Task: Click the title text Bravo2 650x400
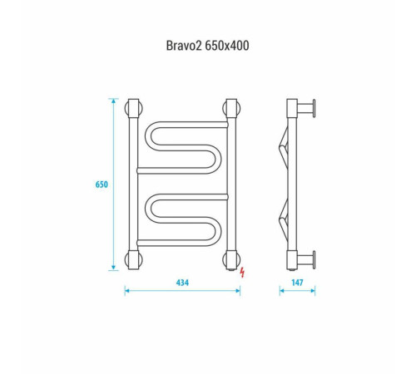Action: click(x=207, y=46)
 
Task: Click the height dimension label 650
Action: click(x=102, y=185)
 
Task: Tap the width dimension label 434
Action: click(x=182, y=283)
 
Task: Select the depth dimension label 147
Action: click(x=297, y=283)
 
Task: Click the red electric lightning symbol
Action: click(x=242, y=272)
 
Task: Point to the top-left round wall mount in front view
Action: click(x=134, y=108)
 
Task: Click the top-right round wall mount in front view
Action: click(x=231, y=108)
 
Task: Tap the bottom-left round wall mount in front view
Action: click(x=134, y=260)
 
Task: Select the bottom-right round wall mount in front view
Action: click(x=231, y=260)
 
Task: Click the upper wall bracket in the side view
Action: click(x=306, y=108)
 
